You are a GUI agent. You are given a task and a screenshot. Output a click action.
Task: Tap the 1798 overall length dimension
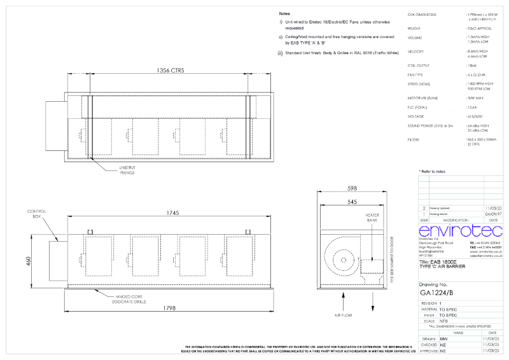(169, 308)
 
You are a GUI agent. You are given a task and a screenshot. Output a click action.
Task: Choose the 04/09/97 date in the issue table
(493, 214)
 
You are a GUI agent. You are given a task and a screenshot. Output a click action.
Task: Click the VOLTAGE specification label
(416, 116)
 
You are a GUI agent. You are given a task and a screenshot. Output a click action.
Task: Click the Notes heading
(286, 13)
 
